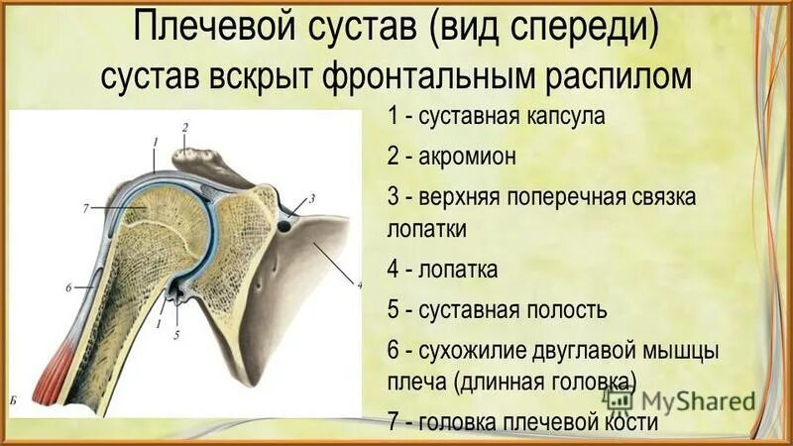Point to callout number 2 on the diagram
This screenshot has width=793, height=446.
tap(184, 127)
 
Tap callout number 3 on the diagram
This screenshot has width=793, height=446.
tap(311, 198)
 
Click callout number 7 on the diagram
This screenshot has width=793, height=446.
tap(87, 207)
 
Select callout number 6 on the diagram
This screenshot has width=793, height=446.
tap(68, 287)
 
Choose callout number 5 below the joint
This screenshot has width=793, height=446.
tap(177, 334)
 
